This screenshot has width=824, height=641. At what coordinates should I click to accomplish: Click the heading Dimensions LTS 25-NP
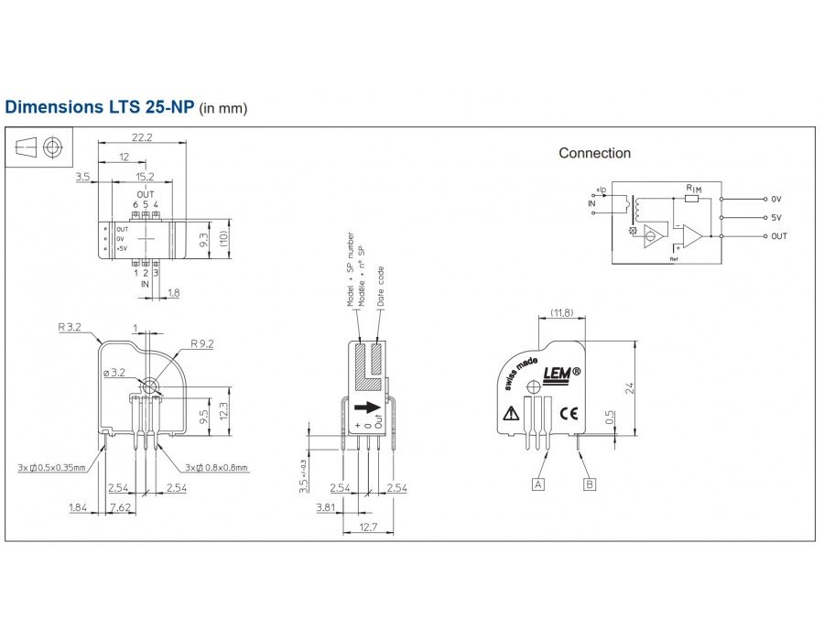(x=100, y=107)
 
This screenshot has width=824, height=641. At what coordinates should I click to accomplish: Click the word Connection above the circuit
(x=594, y=153)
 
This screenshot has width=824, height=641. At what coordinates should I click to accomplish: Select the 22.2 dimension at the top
(x=142, y=136)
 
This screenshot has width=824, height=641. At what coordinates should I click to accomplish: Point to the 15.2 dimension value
(x=145, y=176)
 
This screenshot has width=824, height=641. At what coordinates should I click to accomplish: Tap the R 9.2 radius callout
(x=202, y=344)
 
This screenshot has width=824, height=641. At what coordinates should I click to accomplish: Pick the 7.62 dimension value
(x=120, y=505)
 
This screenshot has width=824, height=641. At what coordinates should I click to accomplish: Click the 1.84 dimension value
(x=78, y=505)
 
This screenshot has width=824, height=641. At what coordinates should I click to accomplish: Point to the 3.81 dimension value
(x=324, y=505)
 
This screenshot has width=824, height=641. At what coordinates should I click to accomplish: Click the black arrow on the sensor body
(x=367, y=407)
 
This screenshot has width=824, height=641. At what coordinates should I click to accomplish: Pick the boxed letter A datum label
(x=538, y=483)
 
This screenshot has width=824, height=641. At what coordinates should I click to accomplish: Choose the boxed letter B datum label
(x=590, y=483)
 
